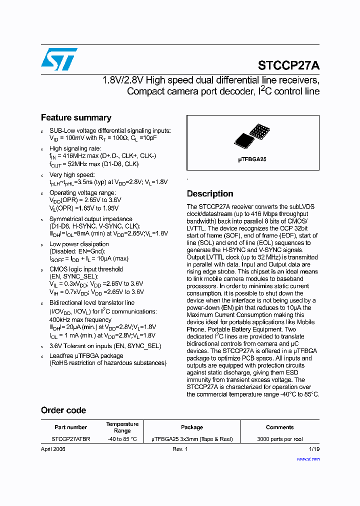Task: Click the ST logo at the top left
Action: [x=59, y=59]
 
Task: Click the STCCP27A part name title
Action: [x=288, y=65]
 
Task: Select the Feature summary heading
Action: [x=76, y=118]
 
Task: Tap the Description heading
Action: [x=210, y=194]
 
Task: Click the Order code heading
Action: [x=63, y=410]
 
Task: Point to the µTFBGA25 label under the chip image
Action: [x=252, y=159]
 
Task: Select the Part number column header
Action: [x=70, y=427]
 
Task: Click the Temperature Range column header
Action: [x=122, y=427]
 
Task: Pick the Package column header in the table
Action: [x=192, y=427]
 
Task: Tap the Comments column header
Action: [x=279, y=427]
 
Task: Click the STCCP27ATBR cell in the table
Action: [x=71, y=439]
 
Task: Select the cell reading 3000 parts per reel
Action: [x=280, y=439]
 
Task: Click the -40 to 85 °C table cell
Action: [x=122, y=439]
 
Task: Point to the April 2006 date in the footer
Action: [x=53, y=449]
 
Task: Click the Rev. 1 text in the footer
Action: [x=180, y=449]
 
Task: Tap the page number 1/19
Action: [x=314, y=449]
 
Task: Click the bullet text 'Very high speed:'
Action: [x=71, y=175]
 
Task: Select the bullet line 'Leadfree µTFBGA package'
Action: [x=86, y=356]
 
